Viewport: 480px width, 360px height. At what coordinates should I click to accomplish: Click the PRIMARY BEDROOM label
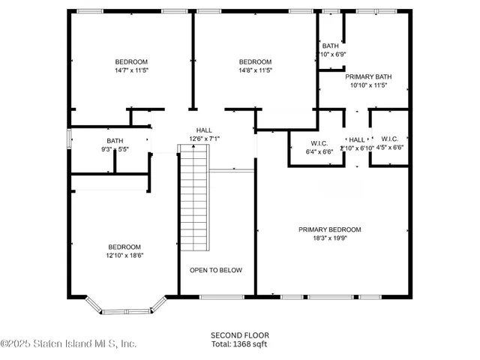click(329, 229)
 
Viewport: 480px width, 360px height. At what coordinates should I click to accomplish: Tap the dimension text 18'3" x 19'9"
click(329, 238)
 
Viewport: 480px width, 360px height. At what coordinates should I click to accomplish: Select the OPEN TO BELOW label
click(215, 270)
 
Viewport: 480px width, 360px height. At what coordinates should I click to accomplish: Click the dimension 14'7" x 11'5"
click(130, 70)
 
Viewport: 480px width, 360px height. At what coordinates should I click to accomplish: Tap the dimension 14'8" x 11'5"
click(255, 70)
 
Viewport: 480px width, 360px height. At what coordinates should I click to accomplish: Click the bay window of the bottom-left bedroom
click(124, 306)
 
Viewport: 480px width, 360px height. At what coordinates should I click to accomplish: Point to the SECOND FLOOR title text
click(240, 335)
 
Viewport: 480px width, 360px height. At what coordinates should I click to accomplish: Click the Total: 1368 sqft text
click(240, 343)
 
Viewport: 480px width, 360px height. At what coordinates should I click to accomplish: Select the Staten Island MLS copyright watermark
click(69, 343)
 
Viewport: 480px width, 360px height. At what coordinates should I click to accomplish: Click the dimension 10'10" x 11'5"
click(368, 85)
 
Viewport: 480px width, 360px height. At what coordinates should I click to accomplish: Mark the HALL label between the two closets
click(357, 139)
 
